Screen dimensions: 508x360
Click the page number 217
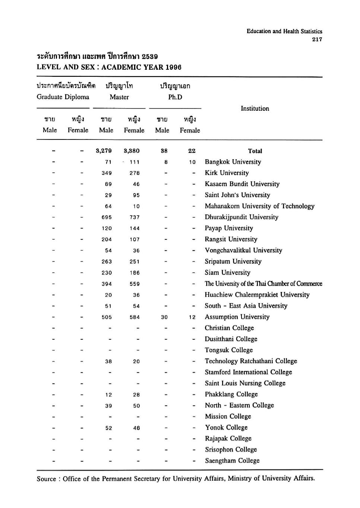tap(317, 39)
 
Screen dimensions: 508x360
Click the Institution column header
tap(255, 109)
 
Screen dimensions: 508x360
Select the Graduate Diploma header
tap(63, 97)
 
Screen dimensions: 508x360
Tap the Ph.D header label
tap(175, 97)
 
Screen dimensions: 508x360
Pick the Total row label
tap(255, 151)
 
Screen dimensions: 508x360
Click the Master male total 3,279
tap(104, 151)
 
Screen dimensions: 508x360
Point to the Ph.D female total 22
tap(192, 151)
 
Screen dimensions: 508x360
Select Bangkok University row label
tap(233, 162)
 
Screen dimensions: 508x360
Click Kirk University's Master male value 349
tap(107, 173)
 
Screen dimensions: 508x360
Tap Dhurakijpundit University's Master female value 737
tap(135, 217)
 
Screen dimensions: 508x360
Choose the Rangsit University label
tap(231, 239)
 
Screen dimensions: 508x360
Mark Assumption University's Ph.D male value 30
tap(164, 317)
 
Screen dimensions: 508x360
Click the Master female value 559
tap(135, 284)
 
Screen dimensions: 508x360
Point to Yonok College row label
tap(226, 427)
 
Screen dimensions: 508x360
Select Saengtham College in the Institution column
tap(232, 461)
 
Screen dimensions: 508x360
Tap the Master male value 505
tap(107, 317)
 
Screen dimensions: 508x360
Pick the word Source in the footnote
tap(46, 479)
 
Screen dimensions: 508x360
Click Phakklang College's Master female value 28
tap(136, 395)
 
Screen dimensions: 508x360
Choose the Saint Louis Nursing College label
tap(245, 383)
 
